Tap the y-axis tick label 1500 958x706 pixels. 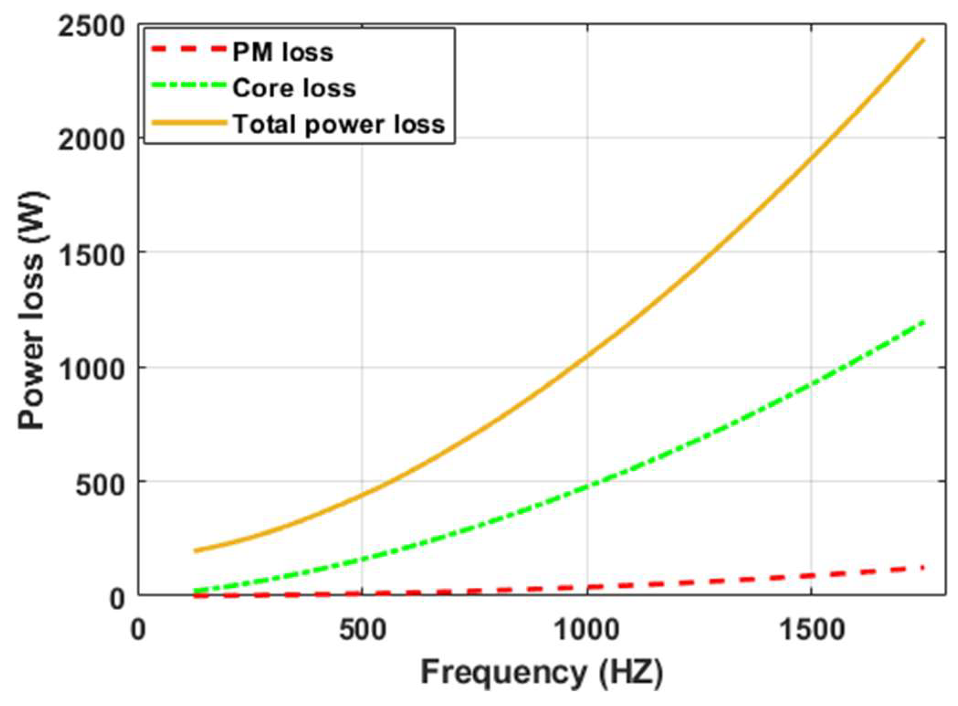(x=91, y=255)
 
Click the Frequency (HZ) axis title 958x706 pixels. (x=541, y=673)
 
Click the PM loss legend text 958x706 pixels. (x=283, y=52)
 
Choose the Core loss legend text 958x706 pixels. (x=294, y=88)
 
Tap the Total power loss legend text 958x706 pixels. (x=339, y=124)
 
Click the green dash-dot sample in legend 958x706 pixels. (x=188, y=85)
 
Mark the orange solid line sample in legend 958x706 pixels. (x=188, y=122)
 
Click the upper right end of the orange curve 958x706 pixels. (x=923, y=40)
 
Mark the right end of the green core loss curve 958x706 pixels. (x=923, y=322)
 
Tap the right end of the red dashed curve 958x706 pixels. (x=922, y=568)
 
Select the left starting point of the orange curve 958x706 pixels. (x=195, y=551)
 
